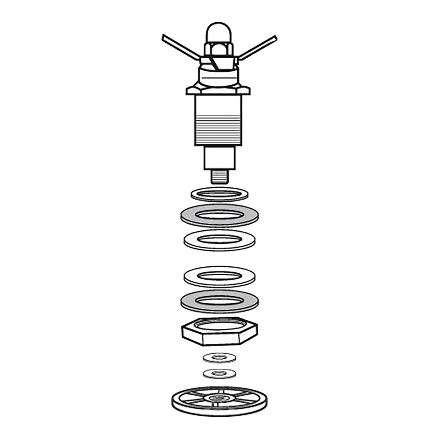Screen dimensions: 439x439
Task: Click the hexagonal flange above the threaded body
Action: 218,91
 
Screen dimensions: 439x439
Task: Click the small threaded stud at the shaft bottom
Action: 219,177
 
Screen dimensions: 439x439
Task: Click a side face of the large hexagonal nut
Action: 223,340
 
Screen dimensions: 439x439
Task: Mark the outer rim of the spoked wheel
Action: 178,405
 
